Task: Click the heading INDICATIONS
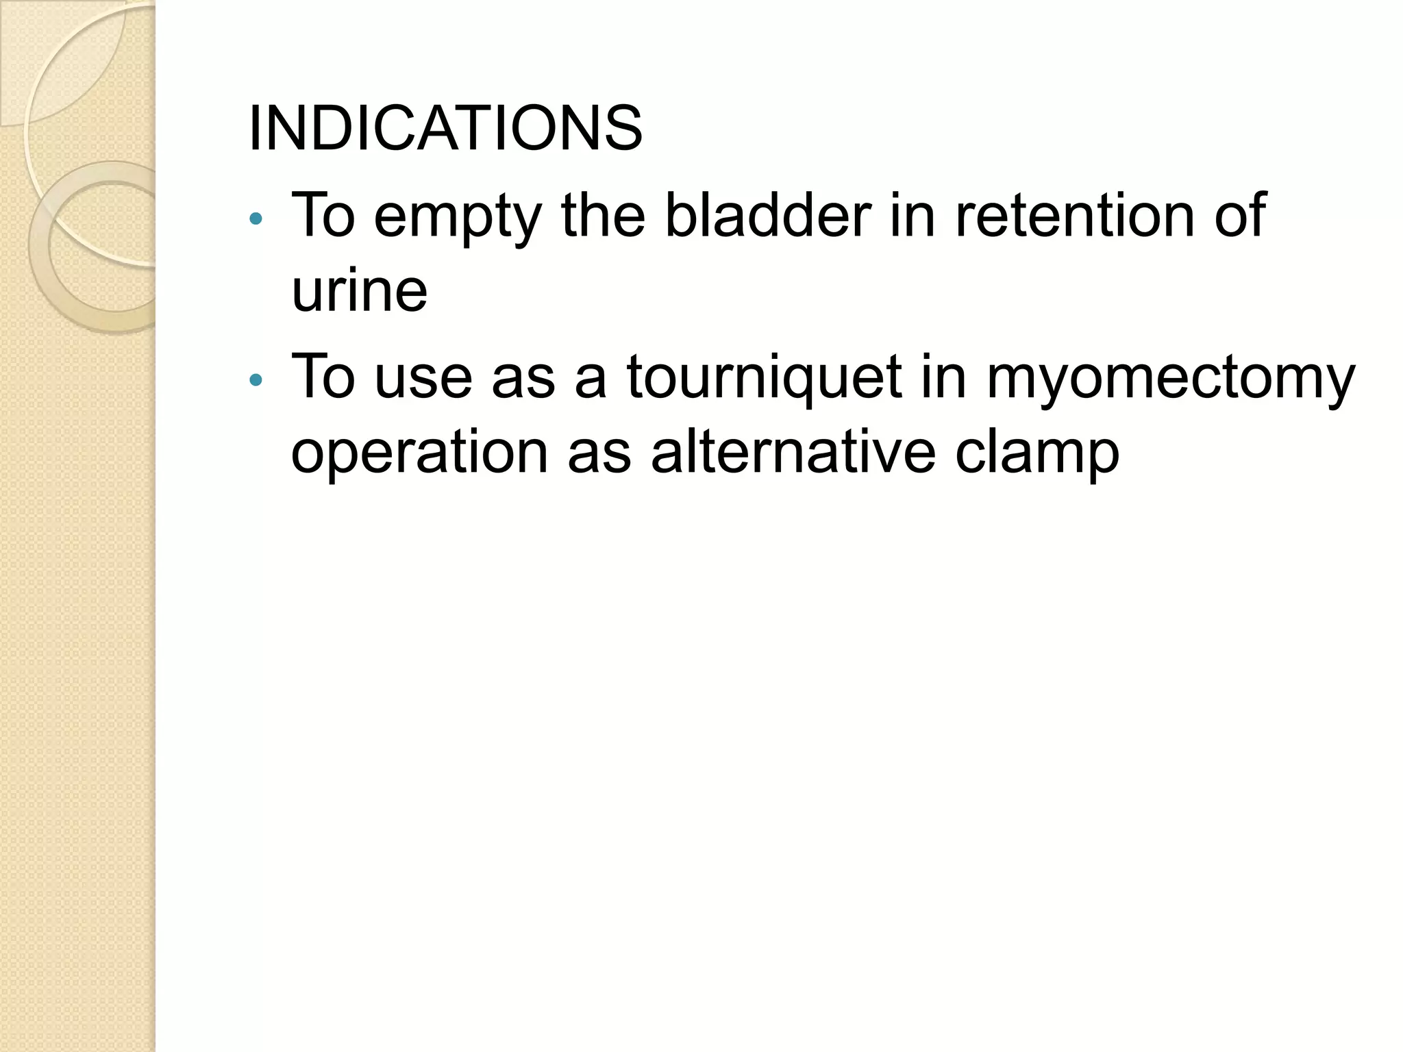445,129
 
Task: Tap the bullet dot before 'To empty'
256,219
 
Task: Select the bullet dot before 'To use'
256,380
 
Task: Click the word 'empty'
458,218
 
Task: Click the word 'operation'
419,453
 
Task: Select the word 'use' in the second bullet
423,379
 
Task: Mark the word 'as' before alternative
599,453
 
